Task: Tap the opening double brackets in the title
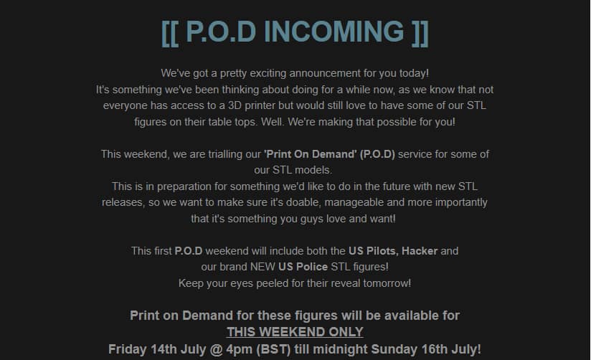[169, 33]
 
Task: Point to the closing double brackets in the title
[420, 33]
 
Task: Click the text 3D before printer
[235, 105]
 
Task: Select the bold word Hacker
[420, 251]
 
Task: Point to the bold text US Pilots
[372, 251]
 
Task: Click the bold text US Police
[303, 267]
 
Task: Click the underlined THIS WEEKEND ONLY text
[295, 332]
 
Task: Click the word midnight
[341, 349]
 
